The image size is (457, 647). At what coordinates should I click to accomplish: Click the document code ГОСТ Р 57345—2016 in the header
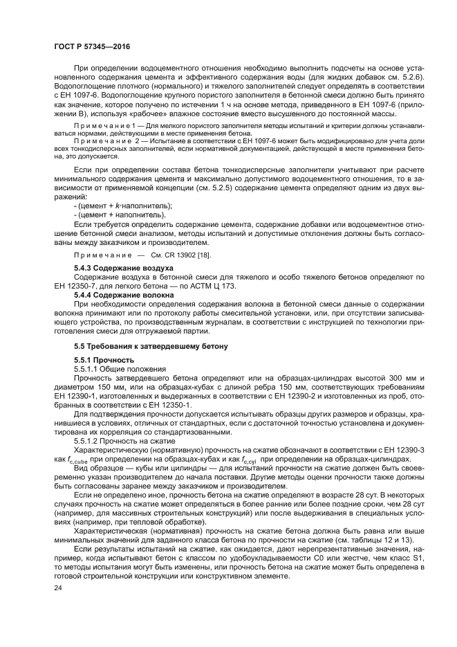pyautogui.click(x=91, y=46)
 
